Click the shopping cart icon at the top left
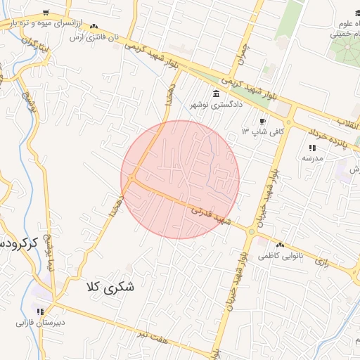pos(46,13)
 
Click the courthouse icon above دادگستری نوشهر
pos(215,94)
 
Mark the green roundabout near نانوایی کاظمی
pos(252,231)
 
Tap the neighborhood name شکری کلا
pos(111,287)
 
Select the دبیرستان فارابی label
pos(41,323)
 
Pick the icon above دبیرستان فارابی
pos(41,311)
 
